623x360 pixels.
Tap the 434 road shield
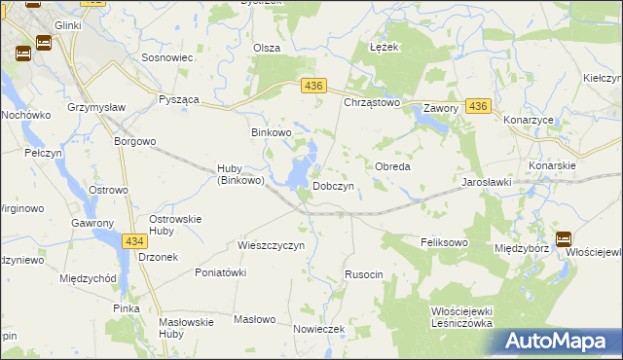[x=134, y=239]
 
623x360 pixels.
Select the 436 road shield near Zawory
[x=477, y=106]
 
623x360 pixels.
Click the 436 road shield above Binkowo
[x=312, y=87]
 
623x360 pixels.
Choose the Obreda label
[x=392, y=166]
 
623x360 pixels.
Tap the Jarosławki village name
[x=487, y=182]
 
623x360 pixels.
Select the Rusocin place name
[x=364, y=275]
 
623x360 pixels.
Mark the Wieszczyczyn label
[x=272, y=245]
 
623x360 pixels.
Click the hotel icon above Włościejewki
[x=564, y=237]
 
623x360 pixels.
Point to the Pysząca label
[x=178, y=101]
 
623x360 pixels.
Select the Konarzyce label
[x=528, y=120]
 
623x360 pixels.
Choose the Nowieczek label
[x=319, y=329]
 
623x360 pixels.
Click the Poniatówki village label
[x=220, y=272]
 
